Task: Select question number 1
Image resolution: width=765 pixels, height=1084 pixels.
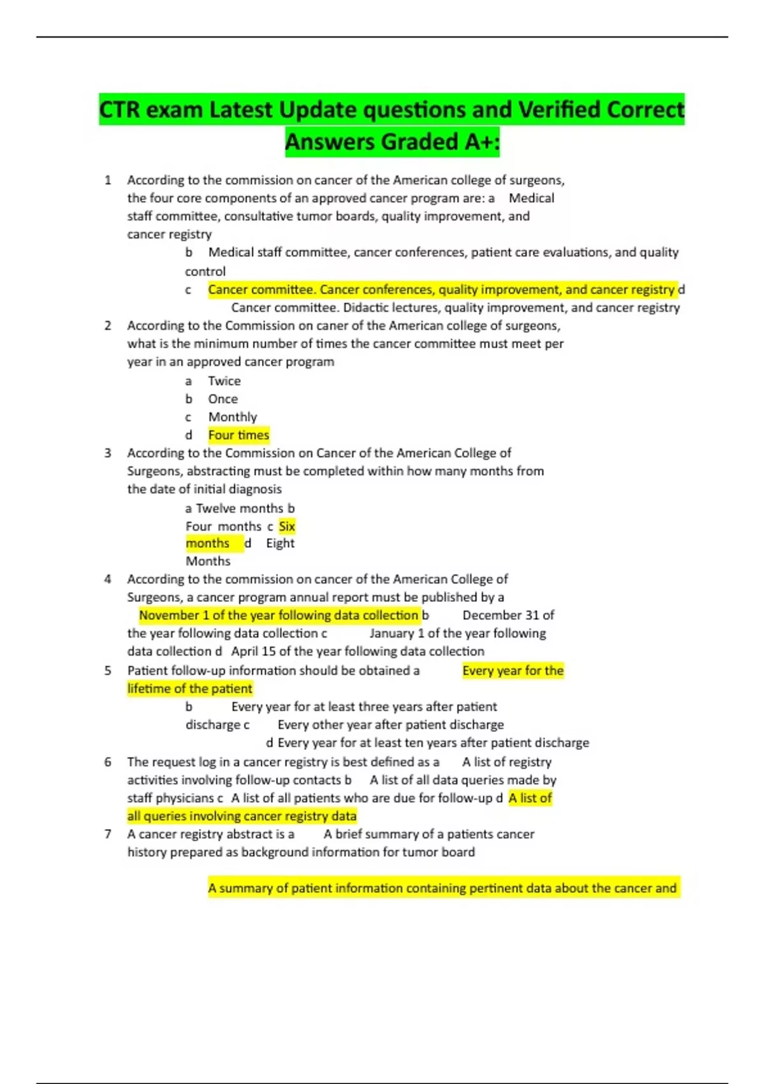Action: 108,180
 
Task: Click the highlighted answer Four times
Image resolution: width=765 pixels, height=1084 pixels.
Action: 238,435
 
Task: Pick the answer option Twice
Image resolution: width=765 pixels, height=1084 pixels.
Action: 224,381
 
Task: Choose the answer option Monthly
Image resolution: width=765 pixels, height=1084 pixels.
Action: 232,417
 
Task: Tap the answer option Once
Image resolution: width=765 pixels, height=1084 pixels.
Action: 222,399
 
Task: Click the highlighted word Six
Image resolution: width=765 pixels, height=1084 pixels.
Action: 287,526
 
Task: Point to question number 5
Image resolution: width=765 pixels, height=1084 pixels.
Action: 108,671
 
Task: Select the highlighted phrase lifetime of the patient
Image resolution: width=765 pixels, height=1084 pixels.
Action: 189,689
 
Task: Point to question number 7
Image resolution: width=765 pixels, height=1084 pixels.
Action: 108,834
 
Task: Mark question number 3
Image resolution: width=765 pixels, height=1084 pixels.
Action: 108,453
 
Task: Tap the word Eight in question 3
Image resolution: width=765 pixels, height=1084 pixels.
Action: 280,543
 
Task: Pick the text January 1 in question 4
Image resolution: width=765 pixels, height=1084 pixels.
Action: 397,633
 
